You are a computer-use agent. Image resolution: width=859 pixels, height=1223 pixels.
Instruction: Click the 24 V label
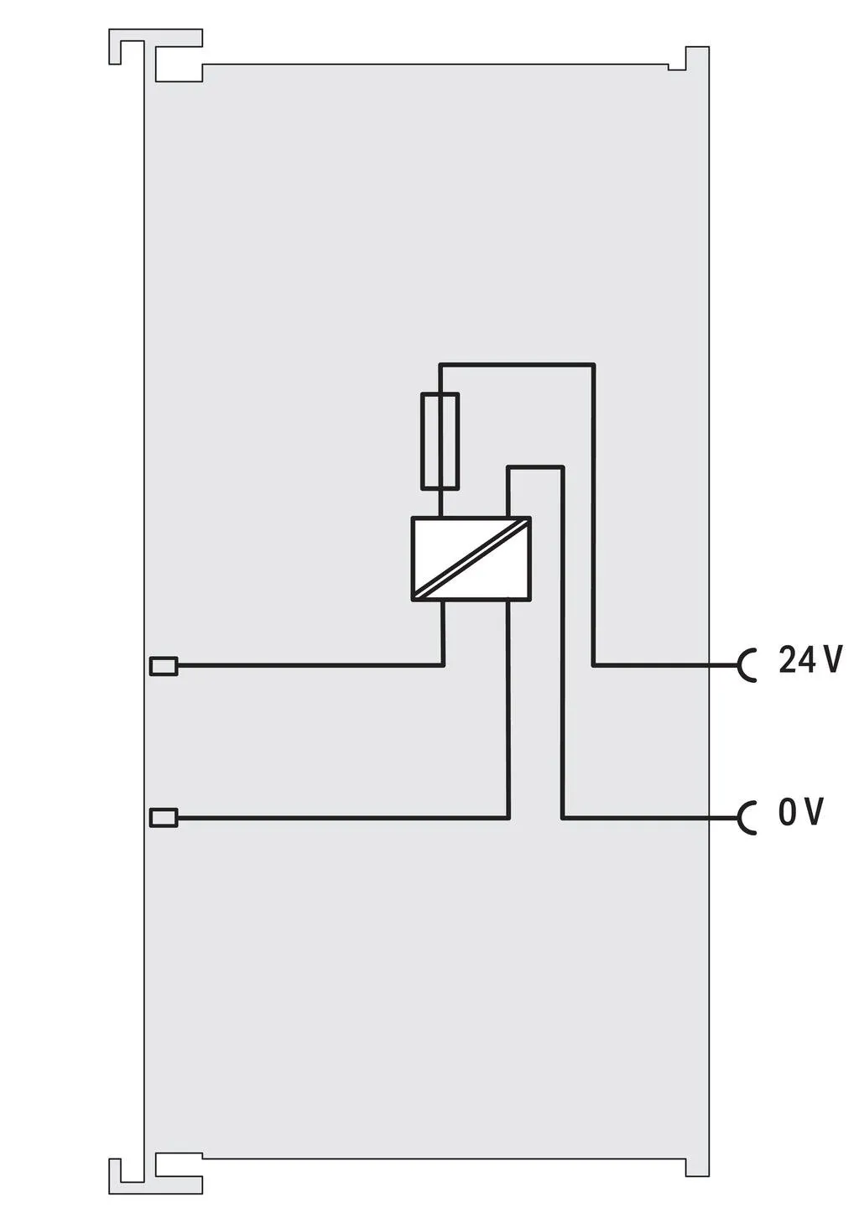[x=810, y=659]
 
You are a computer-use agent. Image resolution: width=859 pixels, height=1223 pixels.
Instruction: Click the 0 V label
[x=800, y=811]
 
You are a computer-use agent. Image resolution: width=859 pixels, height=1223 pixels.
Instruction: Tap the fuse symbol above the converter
[x=440, y=440]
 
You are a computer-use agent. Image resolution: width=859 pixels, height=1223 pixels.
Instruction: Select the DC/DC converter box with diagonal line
[x=471, y=558]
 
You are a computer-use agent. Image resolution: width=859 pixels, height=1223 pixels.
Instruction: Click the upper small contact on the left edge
[x=164, y=666]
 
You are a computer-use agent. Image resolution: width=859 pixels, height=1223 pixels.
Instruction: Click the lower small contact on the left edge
[x=164, y=817]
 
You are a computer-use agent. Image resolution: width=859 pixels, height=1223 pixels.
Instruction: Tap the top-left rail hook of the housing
[x=156, y=55]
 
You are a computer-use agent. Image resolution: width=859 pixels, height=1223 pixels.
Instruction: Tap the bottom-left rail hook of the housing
[x=156, y=1169]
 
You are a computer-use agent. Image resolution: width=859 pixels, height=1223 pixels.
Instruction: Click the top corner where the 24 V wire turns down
[x=594, y=364]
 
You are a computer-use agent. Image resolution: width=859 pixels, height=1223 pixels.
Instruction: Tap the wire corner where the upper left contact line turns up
[x=443, y=665]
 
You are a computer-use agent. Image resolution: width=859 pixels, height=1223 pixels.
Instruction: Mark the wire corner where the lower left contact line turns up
[x=508, y=818]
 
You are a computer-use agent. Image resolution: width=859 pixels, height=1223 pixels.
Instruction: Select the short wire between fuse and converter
[x=440, y=502]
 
